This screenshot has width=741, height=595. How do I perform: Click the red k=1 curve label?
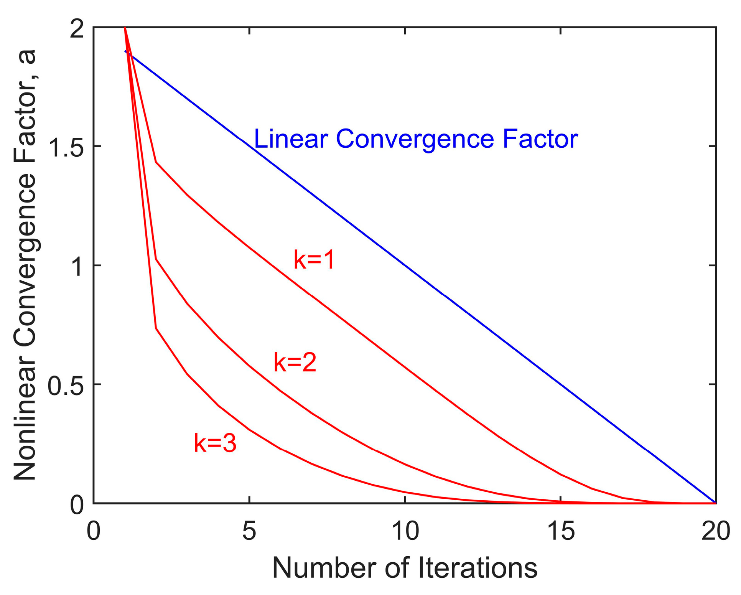point(314,260)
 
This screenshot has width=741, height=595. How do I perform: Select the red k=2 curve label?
point(295,363)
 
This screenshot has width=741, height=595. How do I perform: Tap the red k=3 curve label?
point(215,443)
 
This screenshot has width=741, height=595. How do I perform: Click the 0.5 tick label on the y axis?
point(65,385)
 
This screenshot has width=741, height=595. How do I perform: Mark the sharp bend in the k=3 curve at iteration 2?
point(156,328)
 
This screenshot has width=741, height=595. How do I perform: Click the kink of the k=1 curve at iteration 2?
point(156,162)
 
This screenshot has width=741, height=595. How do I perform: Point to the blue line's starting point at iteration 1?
point(125,51)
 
